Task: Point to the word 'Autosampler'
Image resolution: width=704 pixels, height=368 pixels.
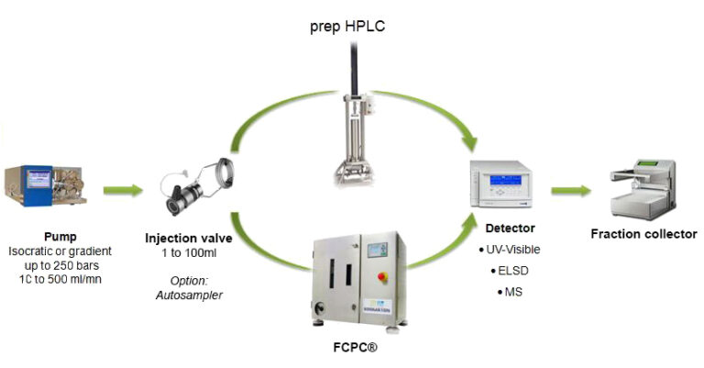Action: [190, 295]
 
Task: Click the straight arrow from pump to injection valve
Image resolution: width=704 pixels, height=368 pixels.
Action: [122, 191]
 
